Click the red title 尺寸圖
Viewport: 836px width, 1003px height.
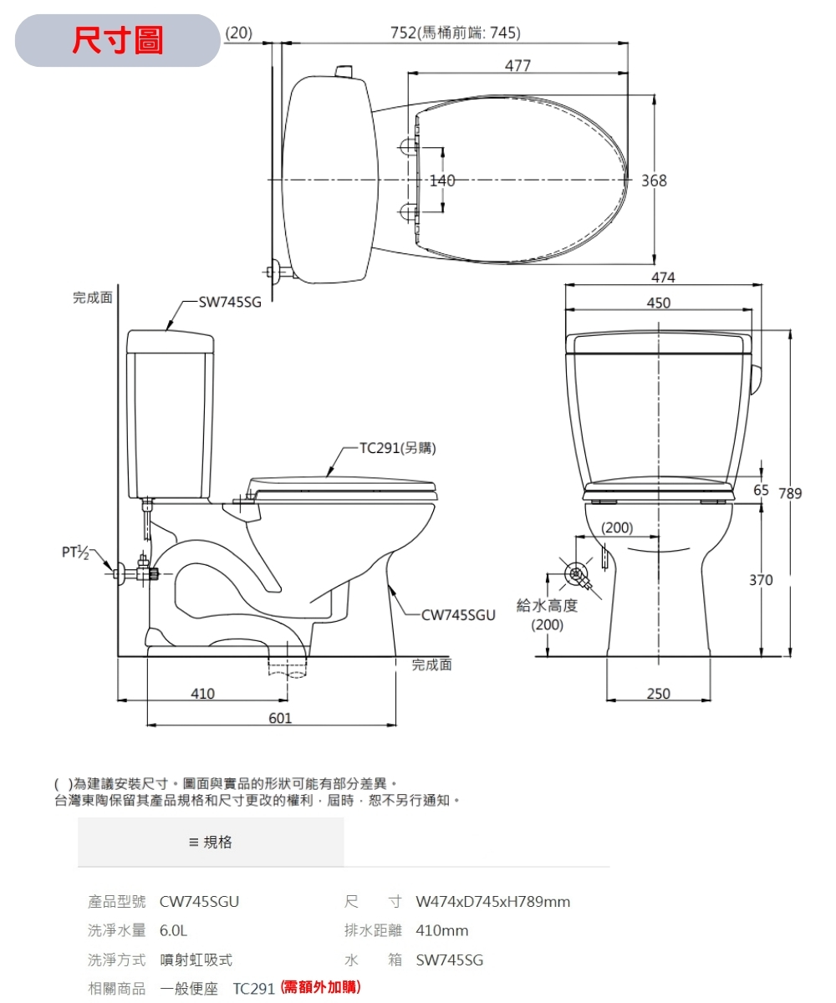[118, 40]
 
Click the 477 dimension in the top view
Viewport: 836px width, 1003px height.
[517, 65]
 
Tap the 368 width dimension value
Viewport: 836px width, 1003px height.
[654, 181]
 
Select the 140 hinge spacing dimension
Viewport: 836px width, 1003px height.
[442, 181]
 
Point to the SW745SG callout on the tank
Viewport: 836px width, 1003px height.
[230, 302]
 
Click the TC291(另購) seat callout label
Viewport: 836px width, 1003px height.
[398, 448]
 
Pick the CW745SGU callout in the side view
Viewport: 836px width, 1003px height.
[458, 615]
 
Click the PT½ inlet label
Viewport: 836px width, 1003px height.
[75, 552]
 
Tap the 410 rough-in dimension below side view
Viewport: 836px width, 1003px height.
[202, 694]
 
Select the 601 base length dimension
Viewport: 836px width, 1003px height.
[280, 718]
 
